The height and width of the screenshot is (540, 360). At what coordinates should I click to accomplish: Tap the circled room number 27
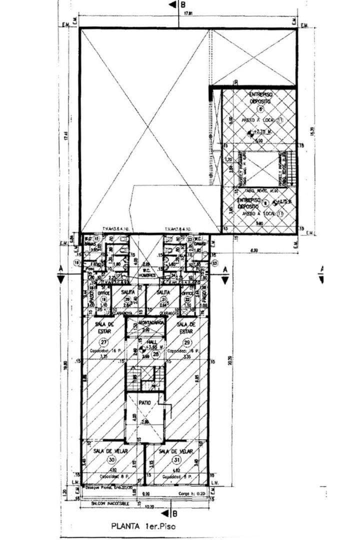pyautogui.click(x=103, y=342)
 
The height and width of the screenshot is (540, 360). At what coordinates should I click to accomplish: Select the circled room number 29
pyautogui.click(x=187, y=342)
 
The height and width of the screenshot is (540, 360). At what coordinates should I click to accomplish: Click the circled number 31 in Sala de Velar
pyautogui.click(x=176, y=460)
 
